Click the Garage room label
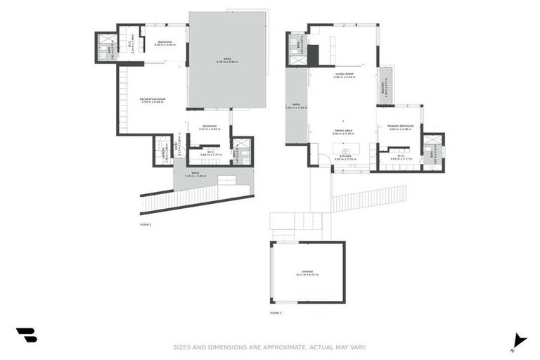(x=307, y=272)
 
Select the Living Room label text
(x=344, y=75)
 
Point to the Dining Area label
(x=344, y=131)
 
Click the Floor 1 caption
(x=146, y=224)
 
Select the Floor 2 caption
(x=276, y=312)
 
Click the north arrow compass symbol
(x=519, y=340)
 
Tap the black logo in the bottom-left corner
(x=26, y=335)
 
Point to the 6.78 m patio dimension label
(x=227, y=60)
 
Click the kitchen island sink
(x=346, y=150)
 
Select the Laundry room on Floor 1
(x=162, y=150)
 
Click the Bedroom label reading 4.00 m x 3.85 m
(x=165, y=44)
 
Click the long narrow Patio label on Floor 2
(x=297, y=107)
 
